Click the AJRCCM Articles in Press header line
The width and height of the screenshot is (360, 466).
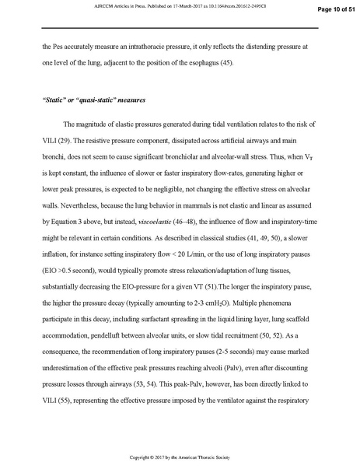(180, 5)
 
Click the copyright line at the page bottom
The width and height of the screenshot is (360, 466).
(180, 453)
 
